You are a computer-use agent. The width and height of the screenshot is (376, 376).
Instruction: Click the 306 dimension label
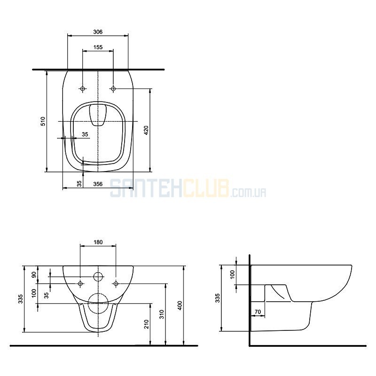coord(98,31)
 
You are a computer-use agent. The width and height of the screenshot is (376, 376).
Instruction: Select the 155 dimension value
coord(98,47)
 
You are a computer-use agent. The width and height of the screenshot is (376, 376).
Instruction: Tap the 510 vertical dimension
coord(43,121)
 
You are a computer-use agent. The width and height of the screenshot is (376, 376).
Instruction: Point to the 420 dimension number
coord(146,130)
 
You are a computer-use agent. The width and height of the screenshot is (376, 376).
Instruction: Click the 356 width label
coord(98,184)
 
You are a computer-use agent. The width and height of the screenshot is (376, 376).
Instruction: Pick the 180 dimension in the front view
coord(98,242)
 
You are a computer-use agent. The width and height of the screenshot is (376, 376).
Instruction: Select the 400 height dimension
coord(180,305)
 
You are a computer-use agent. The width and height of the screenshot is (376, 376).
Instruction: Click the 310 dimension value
coord(162,314)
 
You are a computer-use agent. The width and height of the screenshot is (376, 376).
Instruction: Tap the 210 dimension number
coord(147,324)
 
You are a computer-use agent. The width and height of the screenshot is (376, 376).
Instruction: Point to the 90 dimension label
coord(34,274)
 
